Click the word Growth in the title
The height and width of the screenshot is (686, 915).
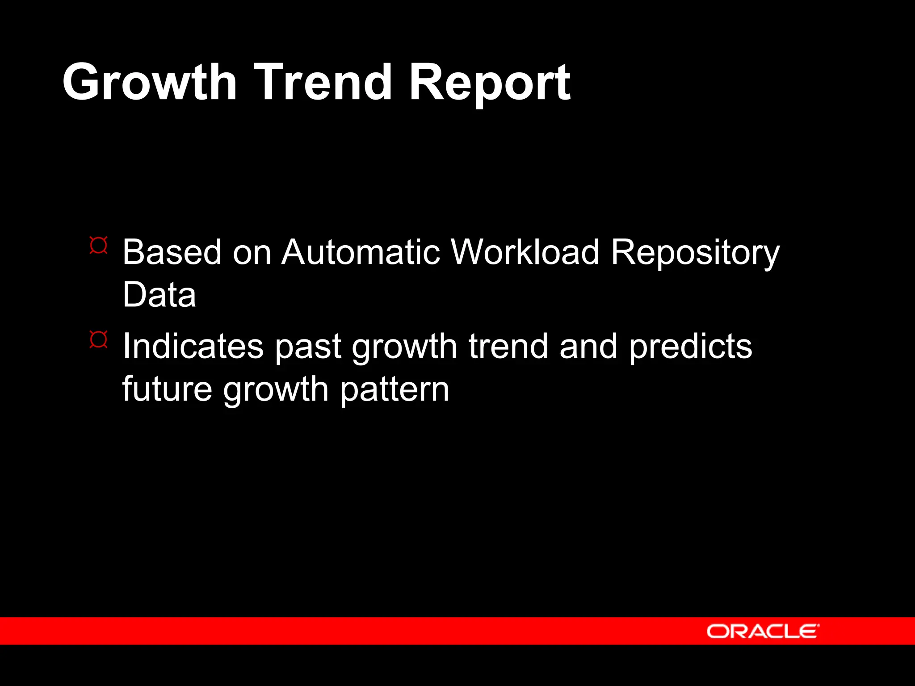click(x=149, y=83)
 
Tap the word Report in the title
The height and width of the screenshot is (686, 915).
click(x=489, y=83)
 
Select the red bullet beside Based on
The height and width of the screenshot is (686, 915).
click(x=98, y=245)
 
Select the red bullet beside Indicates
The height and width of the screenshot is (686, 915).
click(x=98, y=339)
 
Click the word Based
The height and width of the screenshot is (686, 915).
click(x=172, y=252)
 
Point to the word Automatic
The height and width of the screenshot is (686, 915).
click(x=361, y=252)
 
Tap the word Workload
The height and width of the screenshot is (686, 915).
click(x=525, y=252)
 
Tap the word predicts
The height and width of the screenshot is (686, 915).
click(x=691, y=347)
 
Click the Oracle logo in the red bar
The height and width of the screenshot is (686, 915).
click(x=763, y=631)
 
